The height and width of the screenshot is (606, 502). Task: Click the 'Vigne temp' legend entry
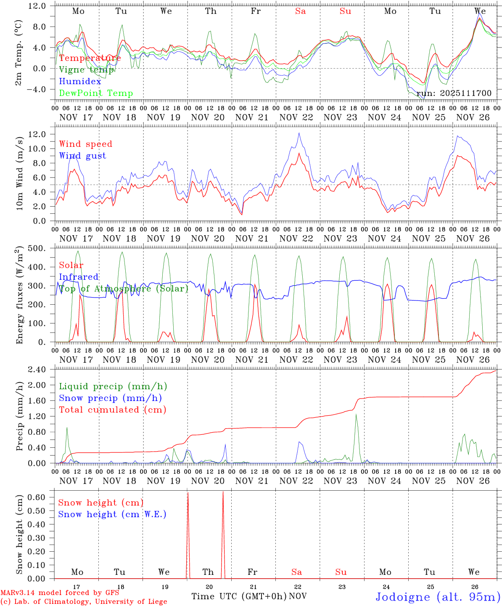pos(86,70)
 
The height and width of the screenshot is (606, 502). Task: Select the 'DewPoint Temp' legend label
pos(96,93)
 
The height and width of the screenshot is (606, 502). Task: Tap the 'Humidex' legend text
pos(80,82)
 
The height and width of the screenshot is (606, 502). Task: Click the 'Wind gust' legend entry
pos(82,156)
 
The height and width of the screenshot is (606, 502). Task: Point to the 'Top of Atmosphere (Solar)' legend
pos(124,289)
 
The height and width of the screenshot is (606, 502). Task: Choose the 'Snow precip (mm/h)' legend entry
pos(110,398)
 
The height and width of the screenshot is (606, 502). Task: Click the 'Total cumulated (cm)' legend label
pos(112,409)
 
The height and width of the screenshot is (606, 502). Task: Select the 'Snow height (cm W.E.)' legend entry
pos(112,514)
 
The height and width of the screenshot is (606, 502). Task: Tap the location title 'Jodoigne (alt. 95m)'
pos(438,597)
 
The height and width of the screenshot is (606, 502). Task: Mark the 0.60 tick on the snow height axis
pos(41,497)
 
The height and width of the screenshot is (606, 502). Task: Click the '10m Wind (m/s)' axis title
pos(19,173)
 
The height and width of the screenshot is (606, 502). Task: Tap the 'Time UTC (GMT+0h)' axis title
pos(239,596)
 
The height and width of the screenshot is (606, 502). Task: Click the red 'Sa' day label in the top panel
pos(300,11)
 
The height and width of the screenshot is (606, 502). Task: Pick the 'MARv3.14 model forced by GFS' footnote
pos(59,593)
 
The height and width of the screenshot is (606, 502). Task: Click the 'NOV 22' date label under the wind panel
pos(296,238)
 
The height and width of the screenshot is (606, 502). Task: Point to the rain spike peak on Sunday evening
pos(356,415)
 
